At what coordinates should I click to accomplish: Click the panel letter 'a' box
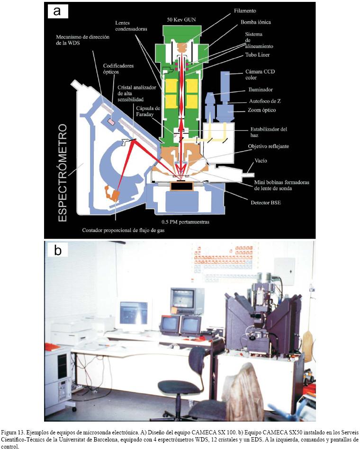coord(57,11)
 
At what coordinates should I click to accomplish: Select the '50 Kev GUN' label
coord(181,19)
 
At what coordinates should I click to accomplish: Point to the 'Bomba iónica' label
coord(255,22)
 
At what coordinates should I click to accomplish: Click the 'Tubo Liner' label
coord(258,55)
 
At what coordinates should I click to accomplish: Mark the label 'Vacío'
coord(261,161)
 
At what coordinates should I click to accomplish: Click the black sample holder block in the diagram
coord(178,186)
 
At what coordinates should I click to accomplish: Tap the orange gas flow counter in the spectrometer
coord(112,193)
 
